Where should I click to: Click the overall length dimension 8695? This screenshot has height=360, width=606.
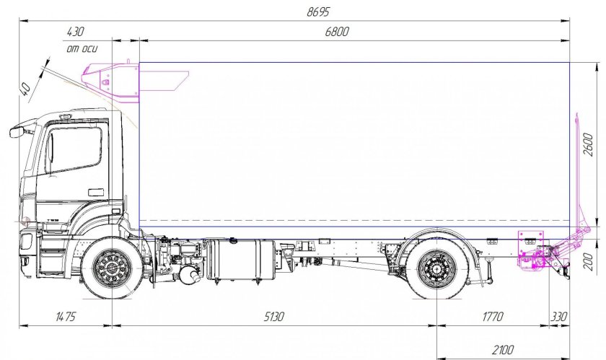tap(318, 12)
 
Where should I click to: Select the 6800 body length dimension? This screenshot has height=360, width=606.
tap(337, 31)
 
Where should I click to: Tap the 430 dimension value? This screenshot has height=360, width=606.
tap(75, 31)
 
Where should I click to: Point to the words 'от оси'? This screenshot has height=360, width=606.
tap(82, 49)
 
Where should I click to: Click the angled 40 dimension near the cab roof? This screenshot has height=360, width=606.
tap(25, 89)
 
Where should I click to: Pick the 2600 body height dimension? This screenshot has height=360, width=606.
tap(588, 144)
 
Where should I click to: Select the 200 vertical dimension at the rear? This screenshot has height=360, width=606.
tap(588, 261)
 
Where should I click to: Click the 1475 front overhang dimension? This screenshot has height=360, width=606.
tap(66, 317)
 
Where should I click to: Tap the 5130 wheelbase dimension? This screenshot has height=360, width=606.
tap(273, 317)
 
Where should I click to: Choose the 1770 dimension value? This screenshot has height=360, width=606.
tap(493, 317)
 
